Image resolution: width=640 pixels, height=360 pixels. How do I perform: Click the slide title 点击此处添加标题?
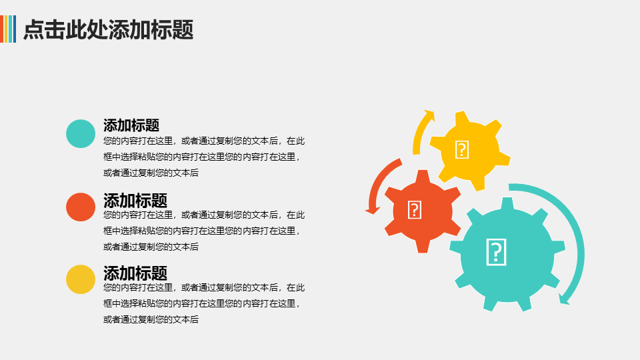coord(108,29)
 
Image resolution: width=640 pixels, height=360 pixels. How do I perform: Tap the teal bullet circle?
coord(81,133)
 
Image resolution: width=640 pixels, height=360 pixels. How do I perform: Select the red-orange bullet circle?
coord(81,207)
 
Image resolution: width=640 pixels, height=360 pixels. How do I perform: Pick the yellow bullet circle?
coord(81,279)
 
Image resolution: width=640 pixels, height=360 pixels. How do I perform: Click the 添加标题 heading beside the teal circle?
coord(131,125)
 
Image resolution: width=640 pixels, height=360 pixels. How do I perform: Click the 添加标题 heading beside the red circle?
coord(135,201)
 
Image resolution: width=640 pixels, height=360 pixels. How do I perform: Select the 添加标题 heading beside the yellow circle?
coord(135,273)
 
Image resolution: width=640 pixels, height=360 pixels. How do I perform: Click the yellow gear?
coord(469,150)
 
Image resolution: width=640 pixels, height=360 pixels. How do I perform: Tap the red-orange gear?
coord(423,211)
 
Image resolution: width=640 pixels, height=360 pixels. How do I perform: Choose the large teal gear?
coord(507,255)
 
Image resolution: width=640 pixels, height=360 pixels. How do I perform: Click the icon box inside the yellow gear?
coord(461,149)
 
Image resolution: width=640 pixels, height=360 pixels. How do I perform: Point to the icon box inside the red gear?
coord(414,210)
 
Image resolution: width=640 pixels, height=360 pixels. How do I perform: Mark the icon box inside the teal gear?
coord(496,252)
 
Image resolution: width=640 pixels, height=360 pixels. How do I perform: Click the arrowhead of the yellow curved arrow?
coord(429,115)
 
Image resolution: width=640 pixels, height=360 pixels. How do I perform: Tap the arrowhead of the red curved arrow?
coord(372,210)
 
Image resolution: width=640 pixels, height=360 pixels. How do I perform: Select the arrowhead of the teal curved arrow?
coord(564,299)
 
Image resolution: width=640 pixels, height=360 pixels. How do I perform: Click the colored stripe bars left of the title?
coord(8,29)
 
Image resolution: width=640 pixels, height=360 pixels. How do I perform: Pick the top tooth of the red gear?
coord(423,176)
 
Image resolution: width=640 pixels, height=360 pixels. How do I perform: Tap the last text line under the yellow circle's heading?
coord(151,319)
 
